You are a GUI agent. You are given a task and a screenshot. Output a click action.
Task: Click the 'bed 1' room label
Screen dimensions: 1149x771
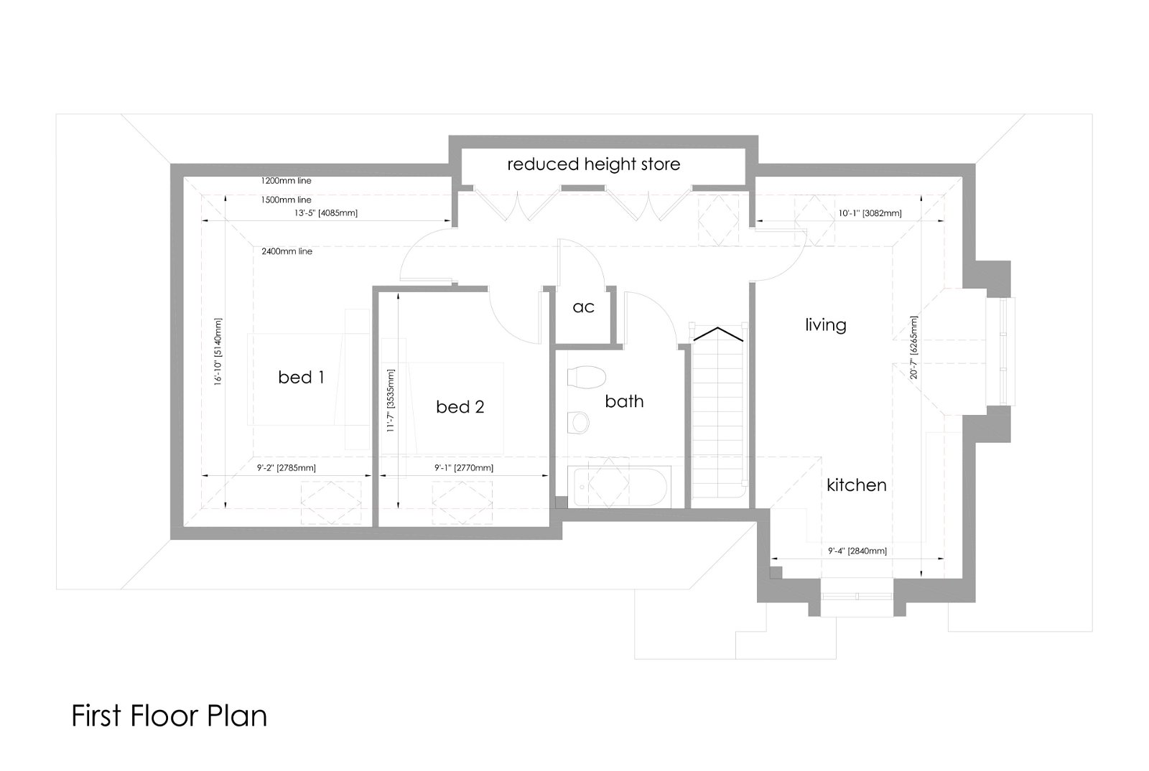coord(301,378)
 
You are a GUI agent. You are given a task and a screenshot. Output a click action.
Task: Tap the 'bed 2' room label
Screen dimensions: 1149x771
coord(460,406)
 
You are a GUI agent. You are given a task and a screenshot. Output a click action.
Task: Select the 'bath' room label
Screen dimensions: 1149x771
coord(624,401)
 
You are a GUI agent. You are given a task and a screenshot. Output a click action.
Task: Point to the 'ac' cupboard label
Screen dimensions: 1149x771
coord(583,307)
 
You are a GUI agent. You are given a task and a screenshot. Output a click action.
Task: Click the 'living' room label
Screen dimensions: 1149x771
coord(826,325)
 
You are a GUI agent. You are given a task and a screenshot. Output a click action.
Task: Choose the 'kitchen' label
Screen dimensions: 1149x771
coord(857,485)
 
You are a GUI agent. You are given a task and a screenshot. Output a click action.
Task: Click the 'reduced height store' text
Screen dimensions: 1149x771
coord(593,164)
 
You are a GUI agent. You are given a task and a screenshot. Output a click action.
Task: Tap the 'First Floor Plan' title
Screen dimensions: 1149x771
coord(169,716)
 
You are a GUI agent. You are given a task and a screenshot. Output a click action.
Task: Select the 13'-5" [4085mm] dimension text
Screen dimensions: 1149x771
coord(326,212)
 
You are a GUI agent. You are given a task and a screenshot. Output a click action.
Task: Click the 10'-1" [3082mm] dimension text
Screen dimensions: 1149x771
coord(870,213)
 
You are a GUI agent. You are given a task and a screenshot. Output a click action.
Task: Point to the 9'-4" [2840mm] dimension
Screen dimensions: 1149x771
coord(857,551)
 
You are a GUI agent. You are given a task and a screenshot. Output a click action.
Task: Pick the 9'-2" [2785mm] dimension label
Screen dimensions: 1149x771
coord(287,468)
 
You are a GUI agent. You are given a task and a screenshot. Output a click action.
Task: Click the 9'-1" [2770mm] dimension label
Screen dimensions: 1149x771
coord(464,468)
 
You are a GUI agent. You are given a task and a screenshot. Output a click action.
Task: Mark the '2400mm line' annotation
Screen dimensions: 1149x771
coord(287,251)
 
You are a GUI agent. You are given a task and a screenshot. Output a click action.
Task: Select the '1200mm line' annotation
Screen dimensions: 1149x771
coord(287,180)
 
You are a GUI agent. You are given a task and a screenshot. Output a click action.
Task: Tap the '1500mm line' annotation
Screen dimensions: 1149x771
coord(287,200)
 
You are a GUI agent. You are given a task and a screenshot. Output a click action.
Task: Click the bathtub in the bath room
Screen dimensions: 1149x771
coord(619,486)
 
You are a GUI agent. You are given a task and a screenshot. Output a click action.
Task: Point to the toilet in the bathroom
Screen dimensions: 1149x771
coord(586,378)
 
